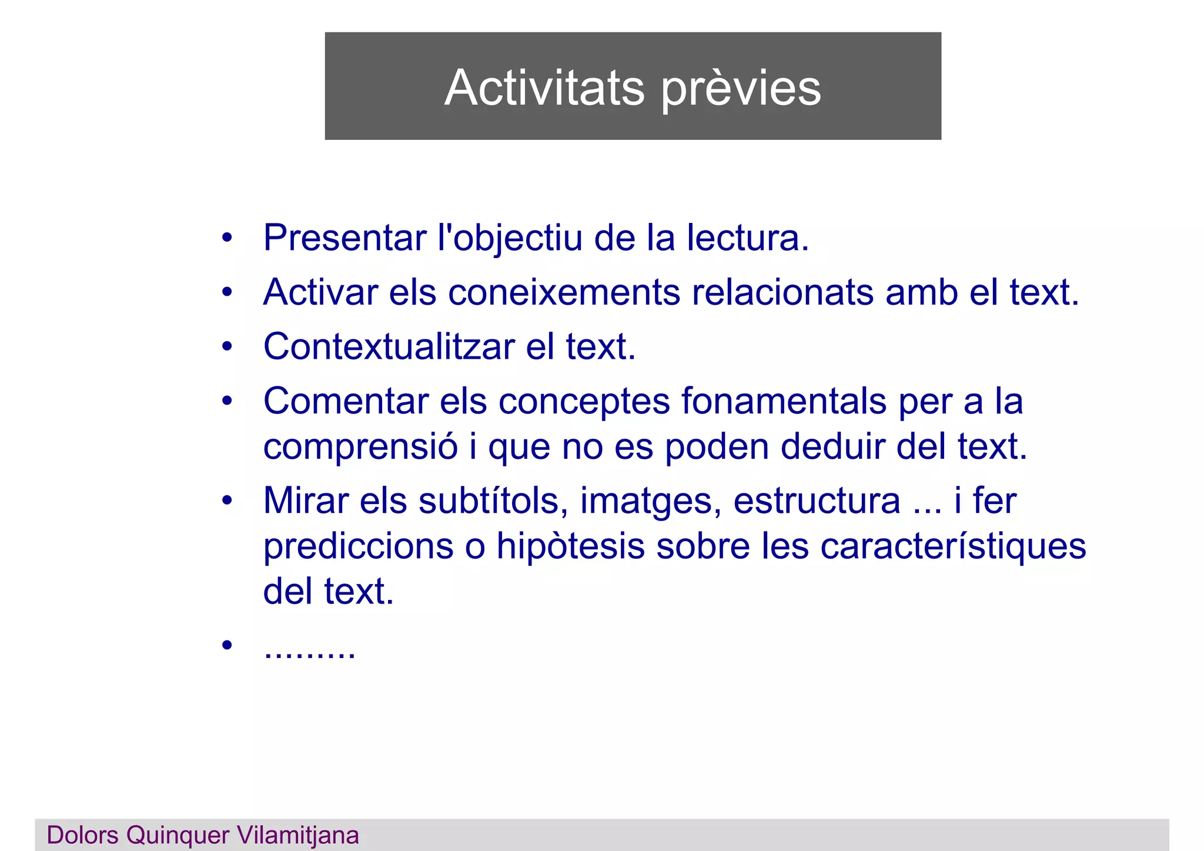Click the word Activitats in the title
click(544, 88)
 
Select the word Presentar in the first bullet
click(345, 238)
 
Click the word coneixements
click(564, 292)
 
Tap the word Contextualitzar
click(389, 346)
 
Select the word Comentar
click(346, 401)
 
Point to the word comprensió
click(360, 447)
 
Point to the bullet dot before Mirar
click(228, 501)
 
